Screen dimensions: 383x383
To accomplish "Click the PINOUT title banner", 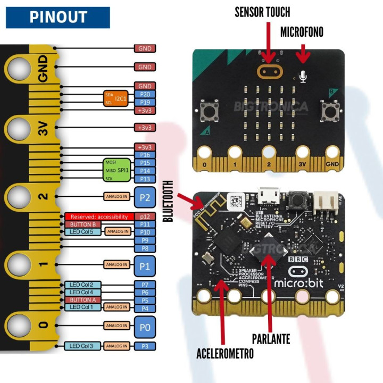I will [x=57, y=17].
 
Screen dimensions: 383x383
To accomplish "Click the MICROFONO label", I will [x=302, y=32].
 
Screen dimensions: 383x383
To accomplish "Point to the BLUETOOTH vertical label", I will [x=169, y=201].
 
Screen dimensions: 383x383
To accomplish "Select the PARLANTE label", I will [x=271, y=339].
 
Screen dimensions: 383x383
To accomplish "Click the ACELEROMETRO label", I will [x=225, y=353].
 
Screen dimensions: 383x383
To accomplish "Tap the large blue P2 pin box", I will [x=145, y=196].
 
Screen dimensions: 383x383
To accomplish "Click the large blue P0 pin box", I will [x=145, y=327].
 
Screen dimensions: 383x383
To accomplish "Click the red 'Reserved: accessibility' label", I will [x=98, y=217].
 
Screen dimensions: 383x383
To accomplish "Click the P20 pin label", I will [x=145, y=94].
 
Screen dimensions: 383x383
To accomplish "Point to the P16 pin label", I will [x=145, y=155].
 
